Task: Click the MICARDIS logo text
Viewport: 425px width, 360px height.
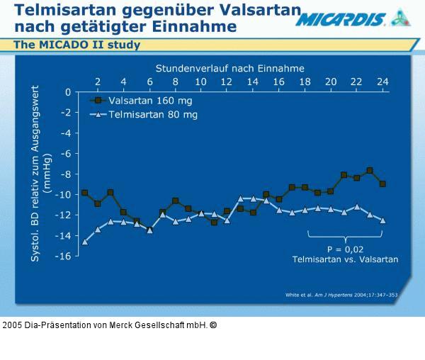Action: click(x=341, y=19)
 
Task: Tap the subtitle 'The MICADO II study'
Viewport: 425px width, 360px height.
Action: click(x=76, y=45)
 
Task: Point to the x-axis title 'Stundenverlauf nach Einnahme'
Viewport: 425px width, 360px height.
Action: click(x=230, y=68)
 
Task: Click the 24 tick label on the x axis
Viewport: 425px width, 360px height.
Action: click(x=382, y=81)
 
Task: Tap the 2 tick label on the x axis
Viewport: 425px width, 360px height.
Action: click(x=98, y=81)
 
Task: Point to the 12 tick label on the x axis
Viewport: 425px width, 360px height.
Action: click(x=227, y=81)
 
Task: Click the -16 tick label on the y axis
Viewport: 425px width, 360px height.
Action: click(x=64, y=256)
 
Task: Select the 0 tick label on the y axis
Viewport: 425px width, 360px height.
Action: click(x=68, y=92)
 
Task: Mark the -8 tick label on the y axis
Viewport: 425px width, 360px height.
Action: click(x=66, y=174)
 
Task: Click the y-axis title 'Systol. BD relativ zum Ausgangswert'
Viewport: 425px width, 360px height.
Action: click(x=35, y=174)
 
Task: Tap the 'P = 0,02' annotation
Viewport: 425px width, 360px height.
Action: click(x=345, y=249)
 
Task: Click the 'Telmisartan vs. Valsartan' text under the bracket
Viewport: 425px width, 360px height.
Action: click(x=345, y=259)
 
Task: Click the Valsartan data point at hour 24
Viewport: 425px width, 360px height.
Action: click(x=382, y=184)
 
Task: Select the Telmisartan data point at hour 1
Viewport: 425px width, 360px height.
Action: click(x=85, y=242)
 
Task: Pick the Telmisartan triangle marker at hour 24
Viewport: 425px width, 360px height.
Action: click(x=382, y=220)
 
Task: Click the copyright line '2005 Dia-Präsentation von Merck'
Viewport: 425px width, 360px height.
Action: click(x=106, y=325)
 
